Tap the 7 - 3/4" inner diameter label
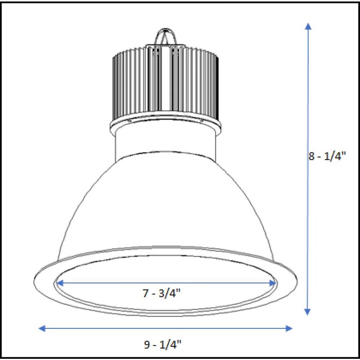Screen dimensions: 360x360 (161, 293)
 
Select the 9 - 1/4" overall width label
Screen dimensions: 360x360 (162, 345)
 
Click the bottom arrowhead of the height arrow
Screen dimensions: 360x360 (307, 311)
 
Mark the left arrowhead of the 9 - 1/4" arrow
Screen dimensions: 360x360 (42, 328)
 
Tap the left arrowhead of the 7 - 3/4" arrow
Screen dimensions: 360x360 (60, 283)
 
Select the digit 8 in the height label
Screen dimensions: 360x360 (312, 157)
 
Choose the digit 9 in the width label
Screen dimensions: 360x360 (147, 345)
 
